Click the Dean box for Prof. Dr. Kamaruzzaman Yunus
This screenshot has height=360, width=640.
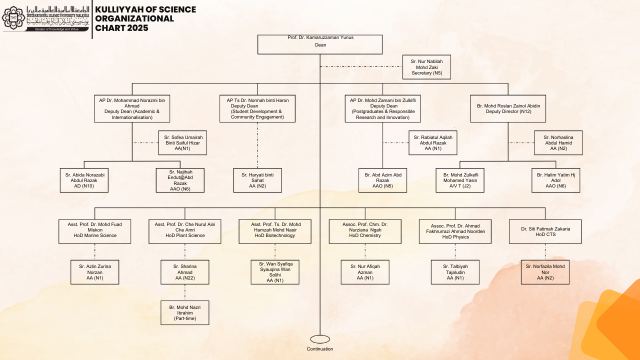pos(320,44)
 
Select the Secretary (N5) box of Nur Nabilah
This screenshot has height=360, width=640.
pos(426,67)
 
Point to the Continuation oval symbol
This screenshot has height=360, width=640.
pos(320,339)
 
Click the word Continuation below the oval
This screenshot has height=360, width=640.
pos(320,349)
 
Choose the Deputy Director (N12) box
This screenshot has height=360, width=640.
pos(508,108)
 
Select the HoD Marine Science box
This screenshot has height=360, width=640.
pos(95,231)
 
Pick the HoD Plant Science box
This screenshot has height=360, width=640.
pos(185,231)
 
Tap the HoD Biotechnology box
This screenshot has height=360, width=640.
pos(275,231)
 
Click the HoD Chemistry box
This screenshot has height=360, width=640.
pos(365,231)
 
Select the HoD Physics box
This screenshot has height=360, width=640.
pos(455,231)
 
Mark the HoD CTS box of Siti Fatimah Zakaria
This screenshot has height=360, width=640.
pos(545,231)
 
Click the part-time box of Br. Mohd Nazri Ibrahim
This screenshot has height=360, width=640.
pos(185,312)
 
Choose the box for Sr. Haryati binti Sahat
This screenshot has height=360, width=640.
pos(257,180)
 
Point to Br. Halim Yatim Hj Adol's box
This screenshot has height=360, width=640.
pos(556,180)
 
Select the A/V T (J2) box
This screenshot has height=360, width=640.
pos(460,180)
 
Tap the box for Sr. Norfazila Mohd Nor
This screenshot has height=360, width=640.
pos(545,272)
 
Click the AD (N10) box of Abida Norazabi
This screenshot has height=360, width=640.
pos(84,180)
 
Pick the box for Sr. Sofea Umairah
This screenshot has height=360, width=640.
pos(182,143)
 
